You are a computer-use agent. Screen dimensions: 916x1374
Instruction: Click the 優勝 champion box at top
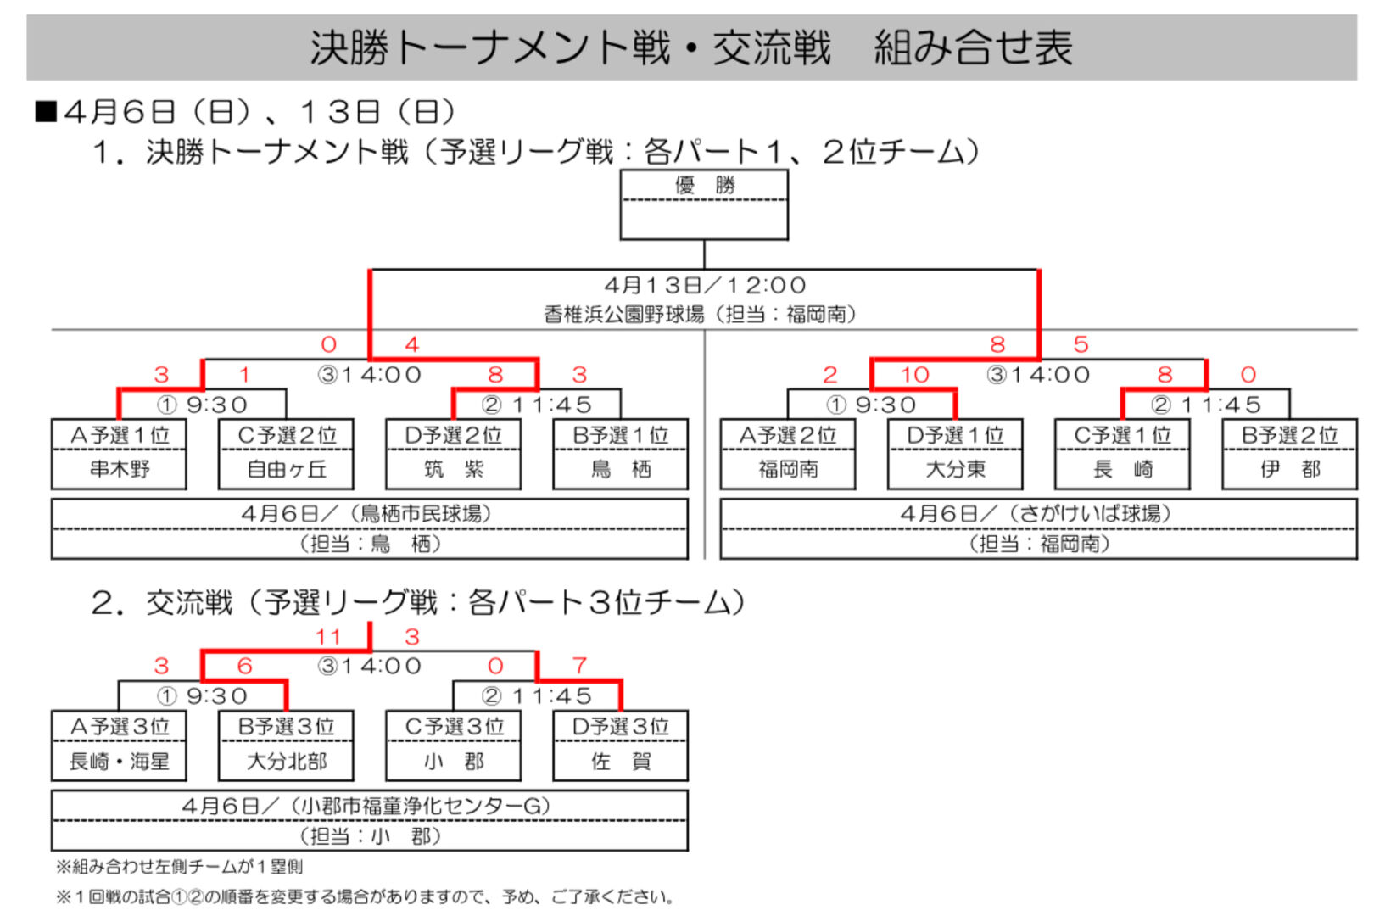[704, 204]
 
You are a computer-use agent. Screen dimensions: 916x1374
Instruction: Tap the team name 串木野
[119, 469]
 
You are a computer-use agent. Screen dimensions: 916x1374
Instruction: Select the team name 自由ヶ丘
[286, 469]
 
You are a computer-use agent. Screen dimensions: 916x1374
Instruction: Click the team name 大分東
[955, 469]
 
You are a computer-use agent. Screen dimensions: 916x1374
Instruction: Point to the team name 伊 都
[1289, 469]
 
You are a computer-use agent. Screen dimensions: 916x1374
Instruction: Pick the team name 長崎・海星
[119, 761]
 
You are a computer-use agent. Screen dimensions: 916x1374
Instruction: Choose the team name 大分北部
[286, 761]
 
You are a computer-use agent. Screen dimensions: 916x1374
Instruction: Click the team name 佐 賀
[620, 761]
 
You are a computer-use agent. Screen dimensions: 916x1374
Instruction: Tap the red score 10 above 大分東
[914, 374]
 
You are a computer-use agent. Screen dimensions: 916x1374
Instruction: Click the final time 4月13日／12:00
[704, 285]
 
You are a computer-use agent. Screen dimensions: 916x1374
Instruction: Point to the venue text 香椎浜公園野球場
[623, 315]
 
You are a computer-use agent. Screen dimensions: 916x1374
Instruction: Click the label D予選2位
[453, 435]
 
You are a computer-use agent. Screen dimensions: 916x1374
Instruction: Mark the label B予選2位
[1289, 435]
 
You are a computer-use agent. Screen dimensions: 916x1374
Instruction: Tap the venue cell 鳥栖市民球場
[369, 514]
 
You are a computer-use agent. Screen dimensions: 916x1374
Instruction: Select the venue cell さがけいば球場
[1038, 514]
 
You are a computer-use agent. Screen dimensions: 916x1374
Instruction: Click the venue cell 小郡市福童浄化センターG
[369, 806]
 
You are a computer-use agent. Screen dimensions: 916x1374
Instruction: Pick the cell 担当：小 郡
[369, 836]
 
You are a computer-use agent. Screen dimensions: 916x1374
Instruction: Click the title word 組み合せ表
[972, 47]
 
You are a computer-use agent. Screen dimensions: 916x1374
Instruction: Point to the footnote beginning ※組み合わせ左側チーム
[179, 866]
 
